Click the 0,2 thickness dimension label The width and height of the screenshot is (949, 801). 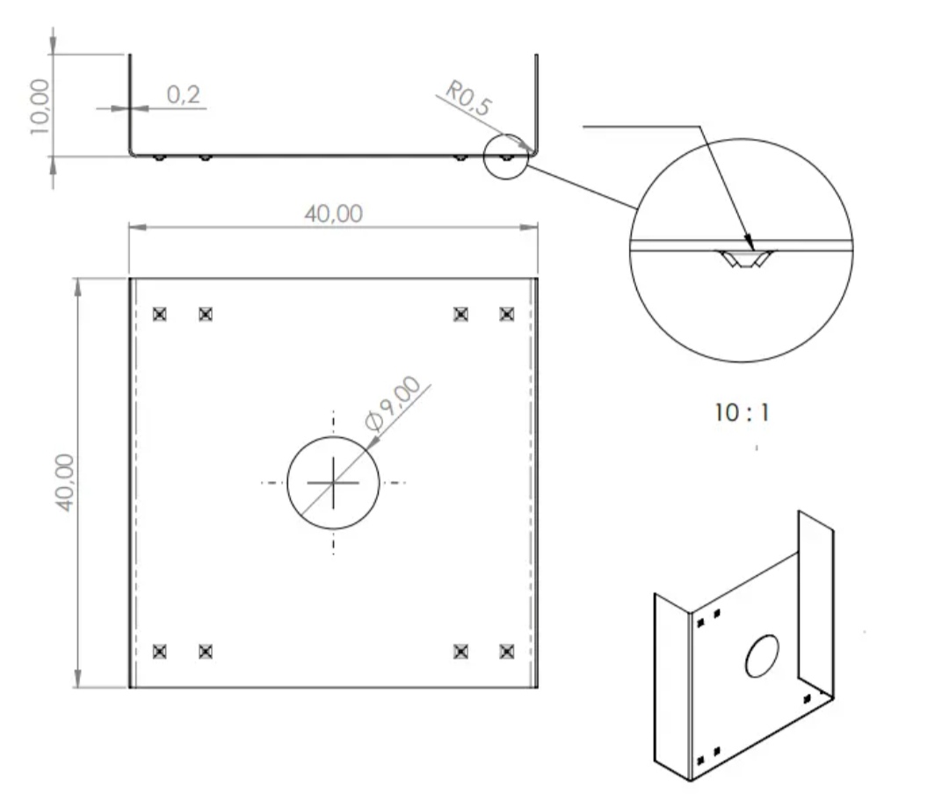183,94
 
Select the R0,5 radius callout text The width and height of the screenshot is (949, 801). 468,98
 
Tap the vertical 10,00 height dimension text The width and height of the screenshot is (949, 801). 40,106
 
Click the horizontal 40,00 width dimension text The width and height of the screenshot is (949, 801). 334,214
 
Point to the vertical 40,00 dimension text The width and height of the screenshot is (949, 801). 65,483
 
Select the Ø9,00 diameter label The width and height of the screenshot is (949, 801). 394,404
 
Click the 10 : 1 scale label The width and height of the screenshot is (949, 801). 742,413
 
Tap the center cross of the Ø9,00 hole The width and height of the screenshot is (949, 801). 333,483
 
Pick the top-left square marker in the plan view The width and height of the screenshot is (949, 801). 159,314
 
